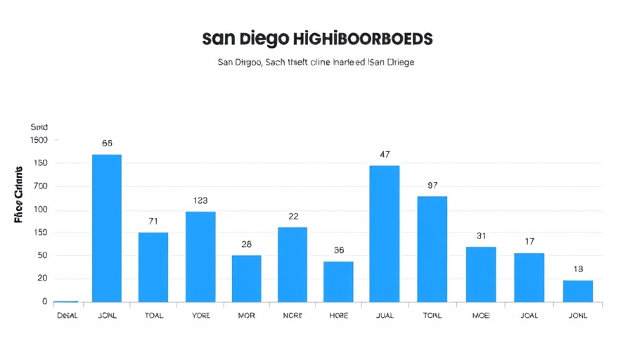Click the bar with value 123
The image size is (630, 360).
click(200, 257)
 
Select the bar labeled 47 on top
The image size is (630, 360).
click(384, 233)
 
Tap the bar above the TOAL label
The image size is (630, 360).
click(153, 267)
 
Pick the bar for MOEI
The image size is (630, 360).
click(481, 274)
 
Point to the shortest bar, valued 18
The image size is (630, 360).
click(578, 291)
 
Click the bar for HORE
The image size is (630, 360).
click(338, 282)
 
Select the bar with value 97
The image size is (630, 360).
click(432, 249)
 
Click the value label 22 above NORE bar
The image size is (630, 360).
click(293, 216)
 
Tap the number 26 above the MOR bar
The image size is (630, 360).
click(246, 244)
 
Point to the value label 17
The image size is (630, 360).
click(529, 241)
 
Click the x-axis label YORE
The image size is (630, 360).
click(200, 316)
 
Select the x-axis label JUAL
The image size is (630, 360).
click(385, 316)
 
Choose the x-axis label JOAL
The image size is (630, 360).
click(529, 316)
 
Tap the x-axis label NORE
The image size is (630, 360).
click(292, 316)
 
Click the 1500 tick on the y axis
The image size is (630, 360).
click(39, 140)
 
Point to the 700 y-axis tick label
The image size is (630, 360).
click(40, 186)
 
